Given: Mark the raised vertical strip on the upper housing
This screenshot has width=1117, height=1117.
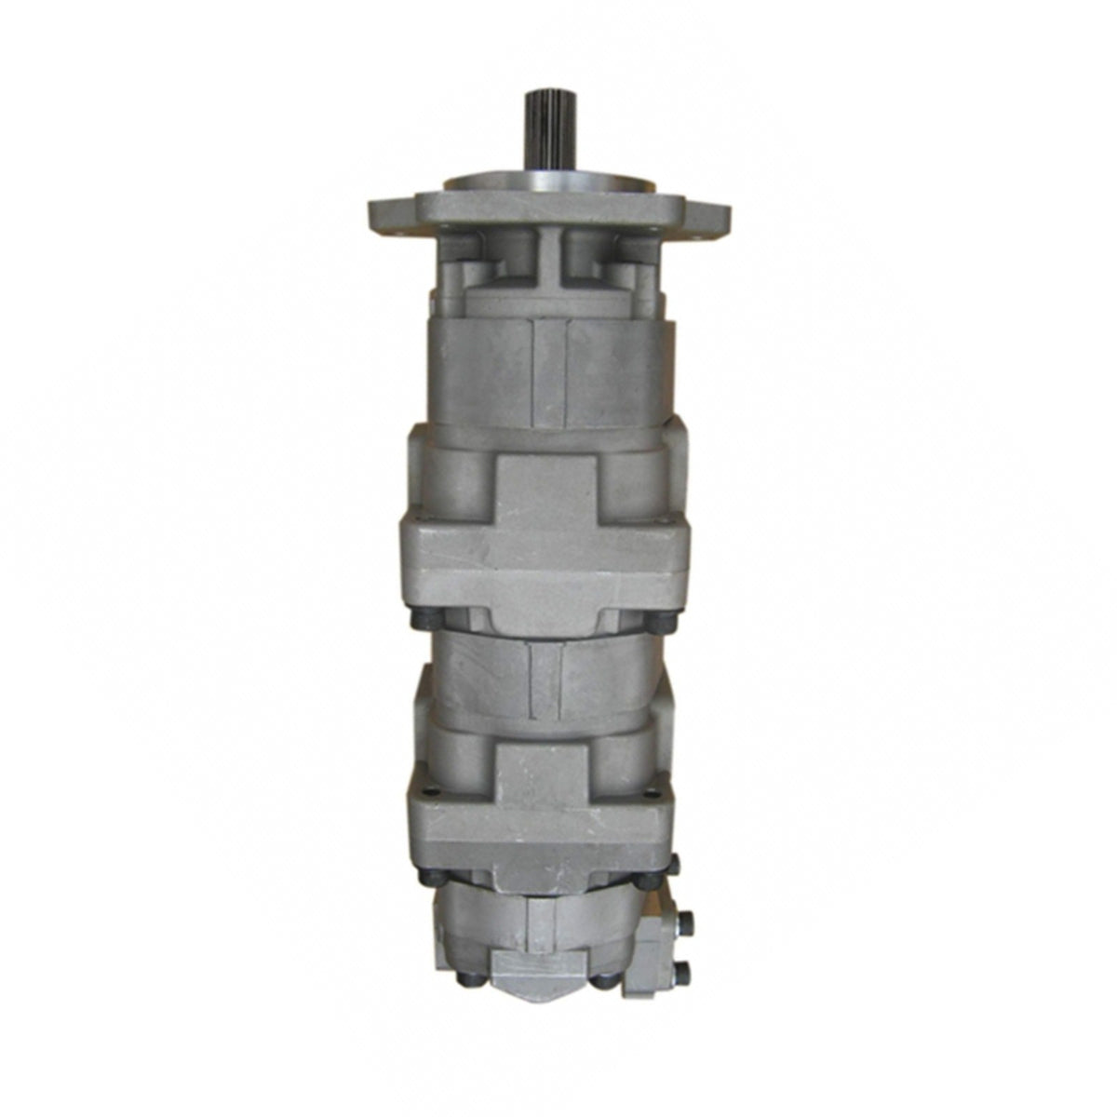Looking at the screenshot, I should tap(549, 372).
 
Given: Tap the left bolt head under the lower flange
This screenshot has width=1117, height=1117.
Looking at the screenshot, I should tap(436, 876).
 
